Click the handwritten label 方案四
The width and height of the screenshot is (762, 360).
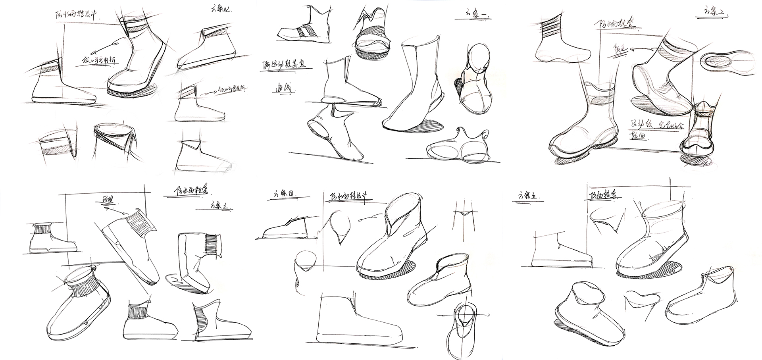pos(285,194)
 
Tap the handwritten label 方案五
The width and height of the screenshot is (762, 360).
pos(529,196)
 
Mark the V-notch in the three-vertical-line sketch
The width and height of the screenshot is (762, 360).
pos(464,214)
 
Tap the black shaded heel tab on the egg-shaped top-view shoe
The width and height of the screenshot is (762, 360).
pos(459,85)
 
